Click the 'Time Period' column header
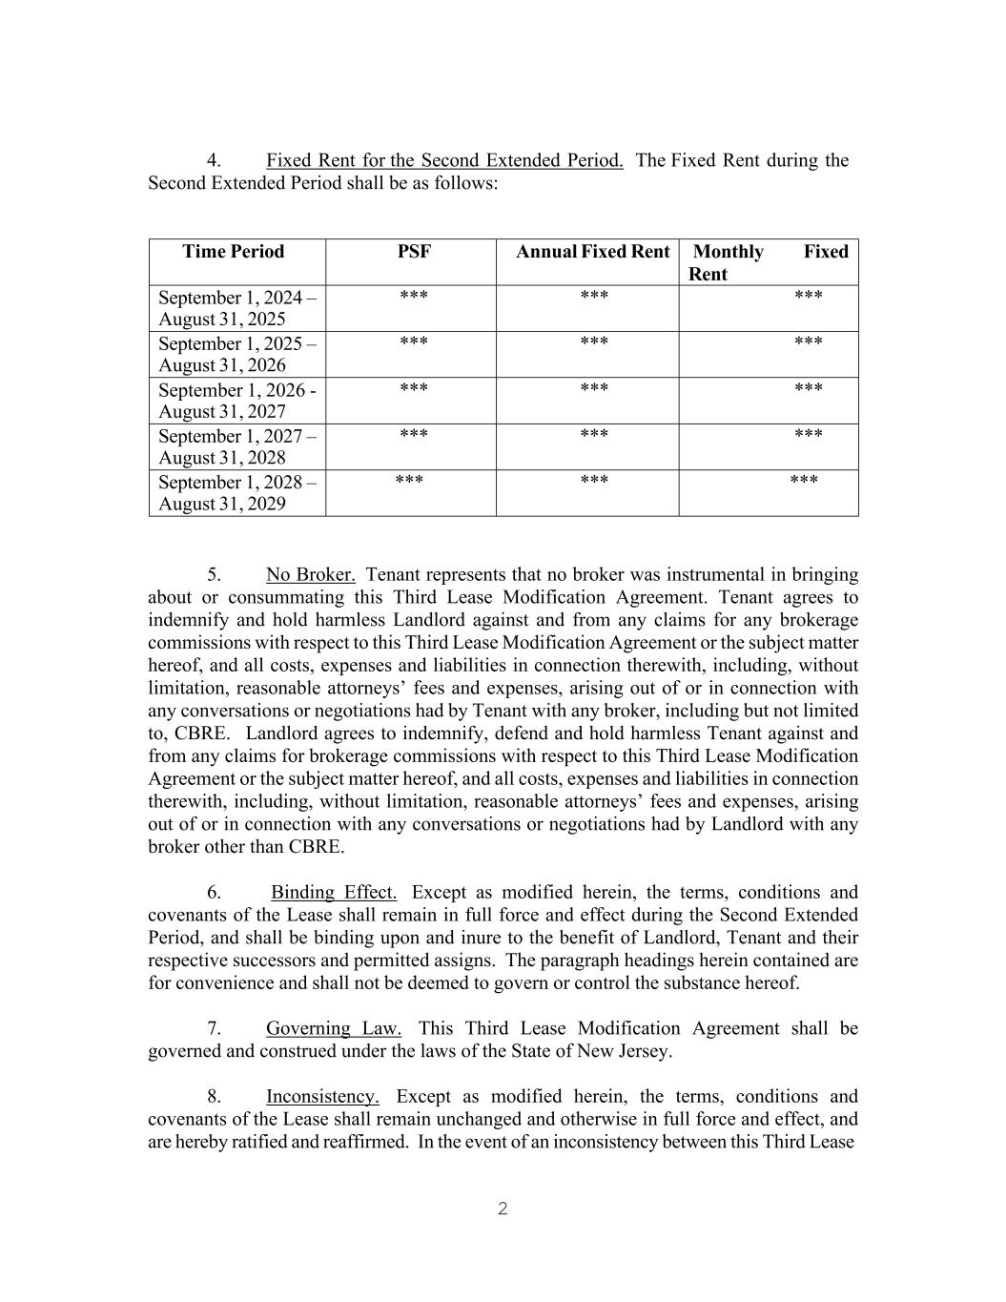234,252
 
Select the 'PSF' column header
414,252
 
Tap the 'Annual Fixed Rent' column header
592,252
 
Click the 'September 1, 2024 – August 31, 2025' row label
236,308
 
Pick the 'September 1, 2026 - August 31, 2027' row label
236,401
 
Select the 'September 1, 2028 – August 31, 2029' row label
236,493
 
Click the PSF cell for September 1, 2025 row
414,342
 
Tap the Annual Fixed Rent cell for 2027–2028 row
594,435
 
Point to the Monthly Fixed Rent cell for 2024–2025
808,297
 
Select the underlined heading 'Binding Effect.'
334,893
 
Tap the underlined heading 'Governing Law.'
334,1029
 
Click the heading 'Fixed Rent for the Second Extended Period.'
444,160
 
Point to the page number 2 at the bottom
503,1209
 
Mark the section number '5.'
215,575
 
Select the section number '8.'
215,1097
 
